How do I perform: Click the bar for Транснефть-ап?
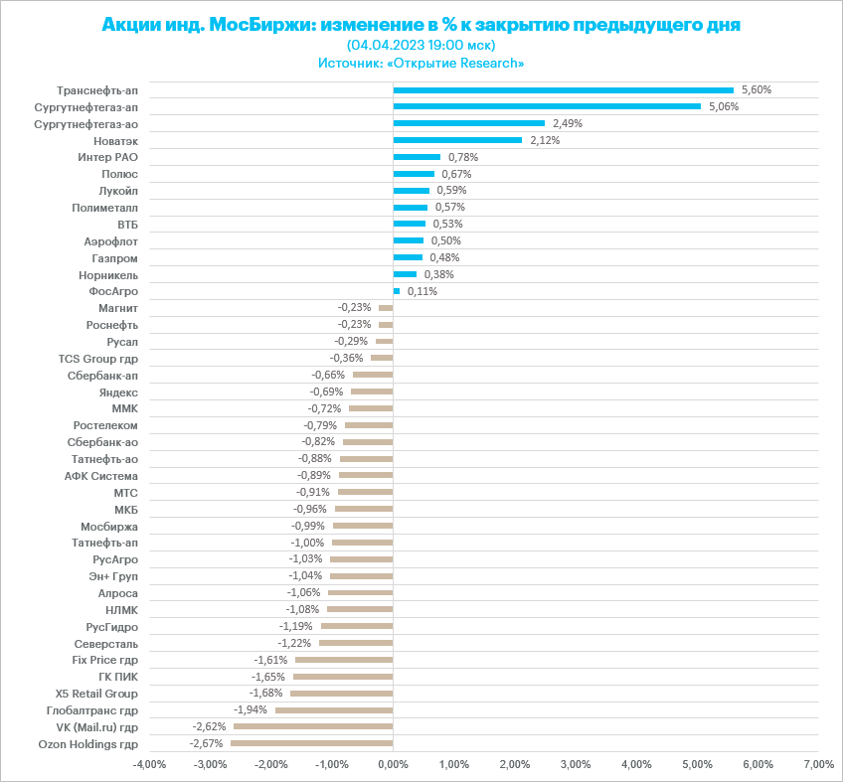(563, 89)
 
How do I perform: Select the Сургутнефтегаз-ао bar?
(469, 123)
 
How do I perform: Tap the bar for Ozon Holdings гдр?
(312, 743)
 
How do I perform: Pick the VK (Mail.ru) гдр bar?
(313, 726)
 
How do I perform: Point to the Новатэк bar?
(457, 140)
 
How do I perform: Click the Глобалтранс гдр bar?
(334, 709)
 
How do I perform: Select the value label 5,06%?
(724, 106)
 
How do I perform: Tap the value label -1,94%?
(251, 709)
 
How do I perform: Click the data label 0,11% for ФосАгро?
(422, 291)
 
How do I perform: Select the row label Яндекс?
(119, 391)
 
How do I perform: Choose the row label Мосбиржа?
(109, 526)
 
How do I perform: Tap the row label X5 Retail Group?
(96, 693)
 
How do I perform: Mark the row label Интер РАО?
(107, 157)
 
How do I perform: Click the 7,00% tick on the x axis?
(817, 764)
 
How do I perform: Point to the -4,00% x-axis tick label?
(149, 764)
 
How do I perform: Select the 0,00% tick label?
(393, 764)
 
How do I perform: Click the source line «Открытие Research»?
(421, 63)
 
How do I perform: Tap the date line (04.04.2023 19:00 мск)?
(421, 45)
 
